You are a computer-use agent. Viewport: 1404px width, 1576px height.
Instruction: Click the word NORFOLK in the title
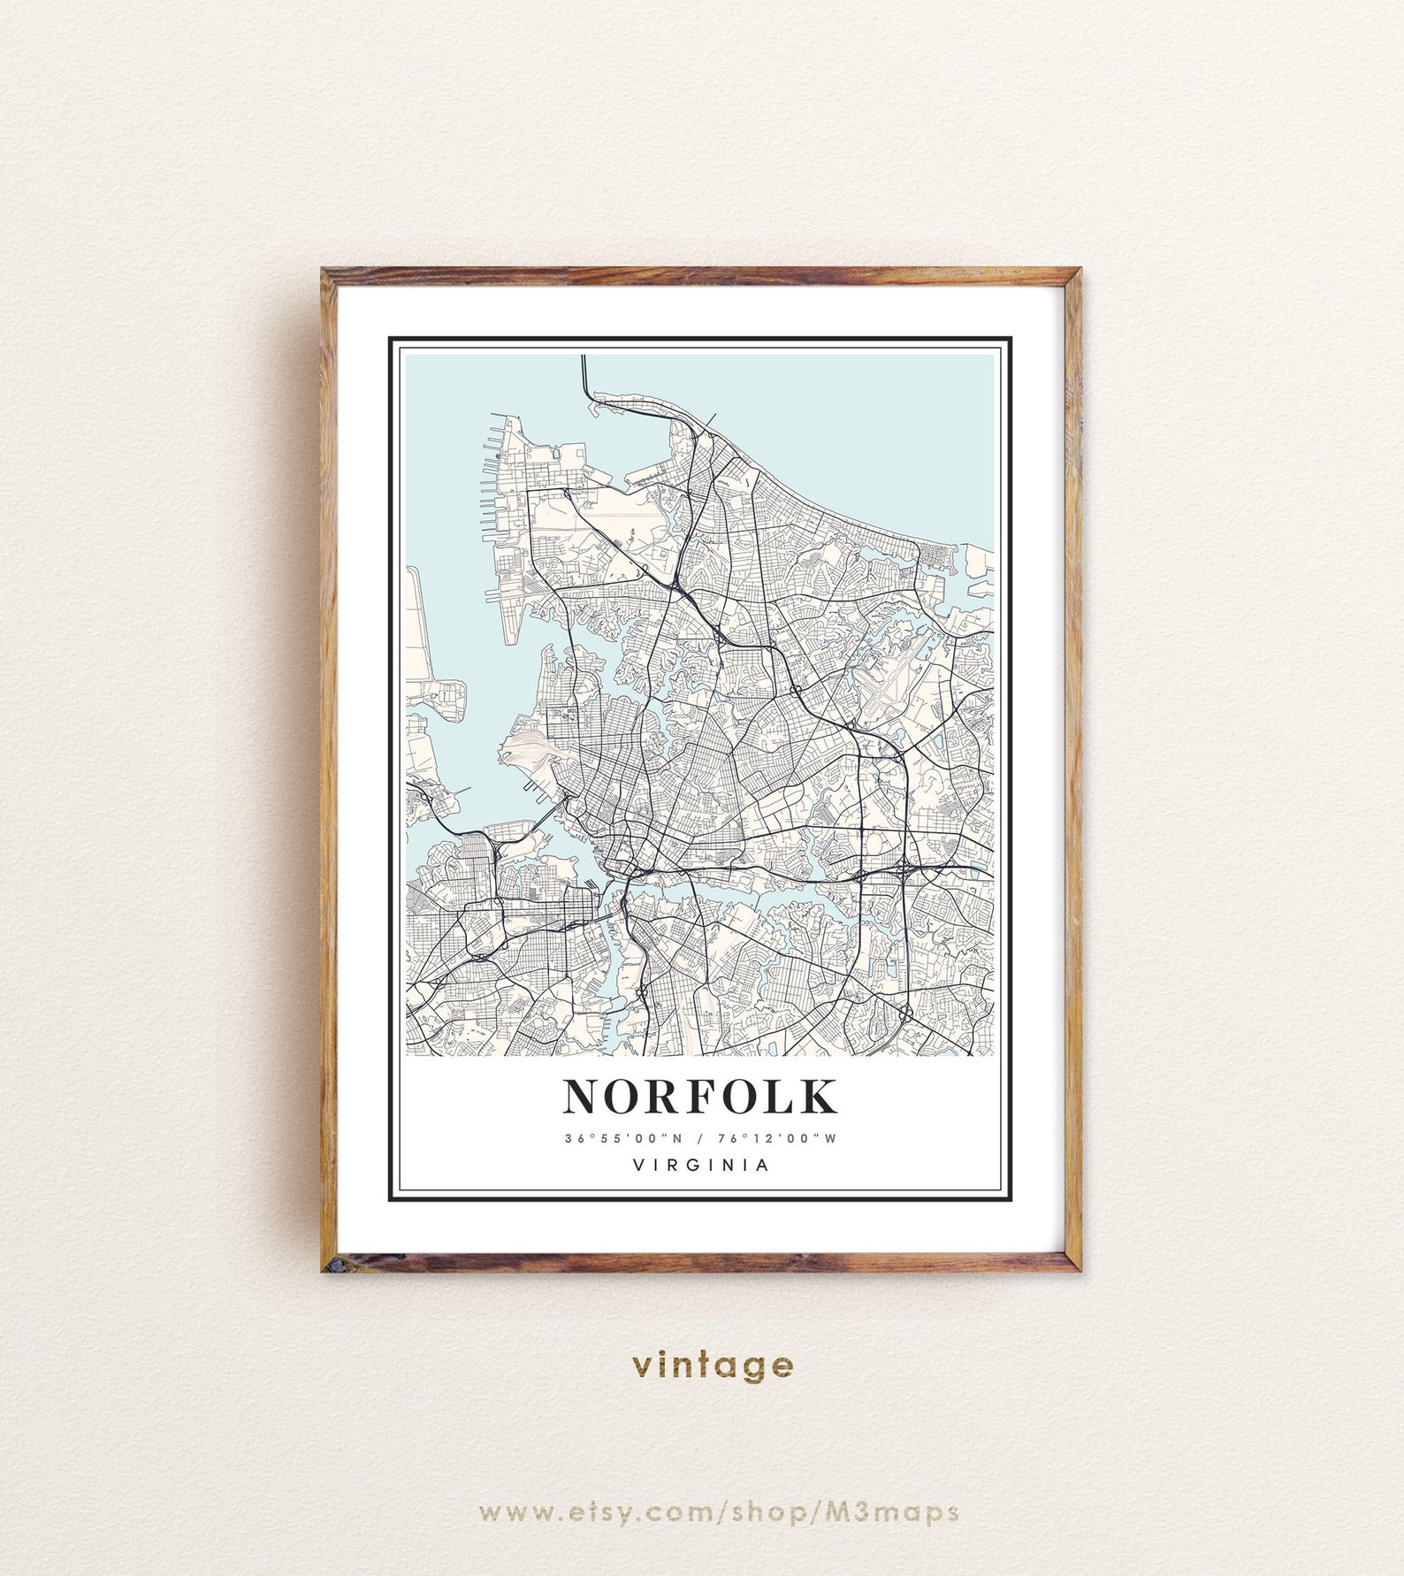(700, 1097)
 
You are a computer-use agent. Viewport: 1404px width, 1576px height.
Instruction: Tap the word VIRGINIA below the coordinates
(701, 1166)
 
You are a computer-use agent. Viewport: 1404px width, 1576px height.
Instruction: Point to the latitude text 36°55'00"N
(623, 1139)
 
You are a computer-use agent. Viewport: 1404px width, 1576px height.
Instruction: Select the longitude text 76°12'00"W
(778, 1139)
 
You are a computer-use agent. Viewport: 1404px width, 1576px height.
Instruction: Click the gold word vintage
(713, 1366)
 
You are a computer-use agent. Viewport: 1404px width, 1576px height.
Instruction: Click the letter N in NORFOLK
(583, 1097)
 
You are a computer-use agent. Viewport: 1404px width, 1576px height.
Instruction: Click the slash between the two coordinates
(700, 1139)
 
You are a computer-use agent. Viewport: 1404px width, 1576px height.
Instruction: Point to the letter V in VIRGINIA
(638, 1166)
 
